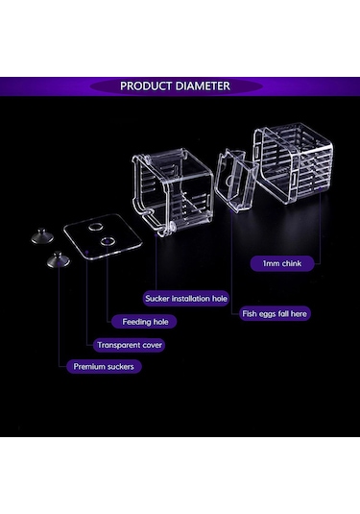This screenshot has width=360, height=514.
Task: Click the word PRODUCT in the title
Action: pyautogui.click(x=147, y=86)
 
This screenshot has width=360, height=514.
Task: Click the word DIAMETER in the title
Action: pyautogui.click(x=203, y=86)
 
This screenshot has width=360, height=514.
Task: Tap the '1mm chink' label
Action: pyautogui.click(x=282, y=263)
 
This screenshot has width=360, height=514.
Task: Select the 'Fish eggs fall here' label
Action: pyautogui.click(x=275, y=314)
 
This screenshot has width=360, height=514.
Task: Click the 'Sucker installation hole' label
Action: pyautogui.click(x=186, y=299)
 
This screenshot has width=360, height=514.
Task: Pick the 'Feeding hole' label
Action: pyautogui.click(x=144, y=322)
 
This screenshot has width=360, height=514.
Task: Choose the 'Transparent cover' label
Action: pyautogui.click(x=129, y=345)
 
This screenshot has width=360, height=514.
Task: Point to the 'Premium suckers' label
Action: pyautogui.click(x=104, y=366)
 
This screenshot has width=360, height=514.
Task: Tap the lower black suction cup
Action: pyautogui.click(x=58, y=259)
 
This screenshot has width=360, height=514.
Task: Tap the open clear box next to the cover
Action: pyautogui.click(x=173, y=191)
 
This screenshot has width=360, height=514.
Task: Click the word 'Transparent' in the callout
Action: pyautogui.click(x=118, y=345)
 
